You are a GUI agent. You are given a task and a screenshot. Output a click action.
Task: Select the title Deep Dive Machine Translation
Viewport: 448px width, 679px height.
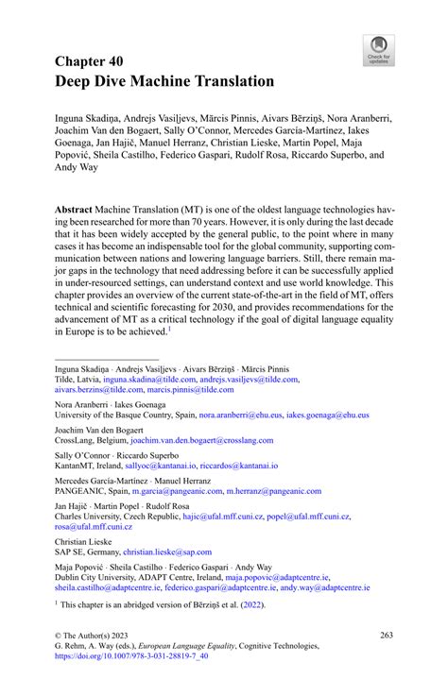click(x=165, y=82)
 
